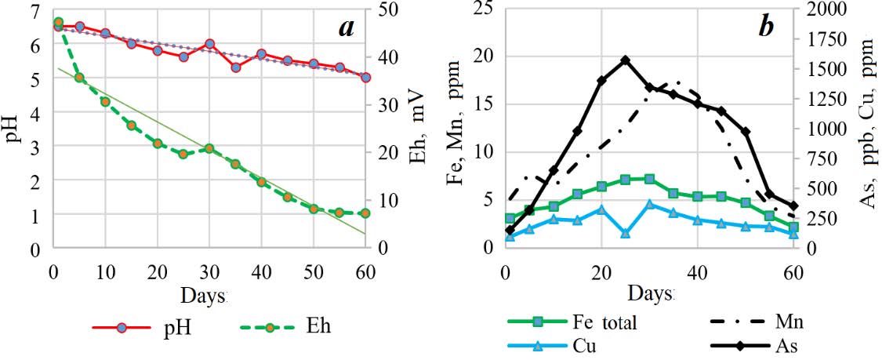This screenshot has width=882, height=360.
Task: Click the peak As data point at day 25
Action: pyautogui.click(x=625, y=60)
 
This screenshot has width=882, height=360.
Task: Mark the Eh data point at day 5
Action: pyautogui.click(x=79, y=78)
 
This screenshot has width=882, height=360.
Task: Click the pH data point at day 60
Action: pyautogui.click(x=365, y=77)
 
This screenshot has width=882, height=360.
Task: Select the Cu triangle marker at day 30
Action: pyautogui.click(x=649, y=204)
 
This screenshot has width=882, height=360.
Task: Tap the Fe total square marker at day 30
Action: pyautogui.click(x=649, y=179)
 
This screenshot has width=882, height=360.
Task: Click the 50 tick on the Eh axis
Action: pyautogui.click(x=387, y=9)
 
